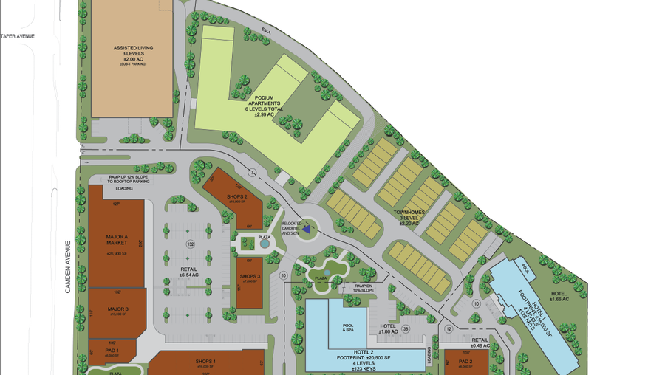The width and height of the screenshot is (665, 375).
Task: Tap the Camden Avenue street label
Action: point(67,266)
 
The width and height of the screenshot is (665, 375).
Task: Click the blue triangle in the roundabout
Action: point(307,230)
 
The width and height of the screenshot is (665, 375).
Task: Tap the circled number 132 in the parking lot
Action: point(190,244)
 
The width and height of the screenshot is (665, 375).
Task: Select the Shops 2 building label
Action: point(236,198)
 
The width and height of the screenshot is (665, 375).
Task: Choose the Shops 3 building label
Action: point(250,278)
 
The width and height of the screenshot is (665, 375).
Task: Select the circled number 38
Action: point(406,330)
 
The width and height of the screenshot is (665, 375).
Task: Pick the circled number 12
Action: point(449,329)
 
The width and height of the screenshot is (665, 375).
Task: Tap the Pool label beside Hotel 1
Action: point(526,269)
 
